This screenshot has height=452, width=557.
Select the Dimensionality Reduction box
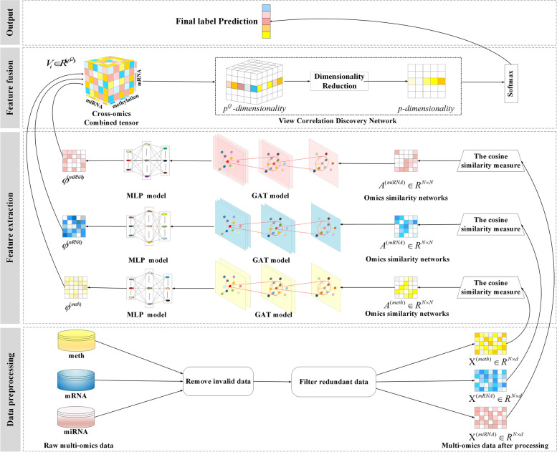click(341, 80)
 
